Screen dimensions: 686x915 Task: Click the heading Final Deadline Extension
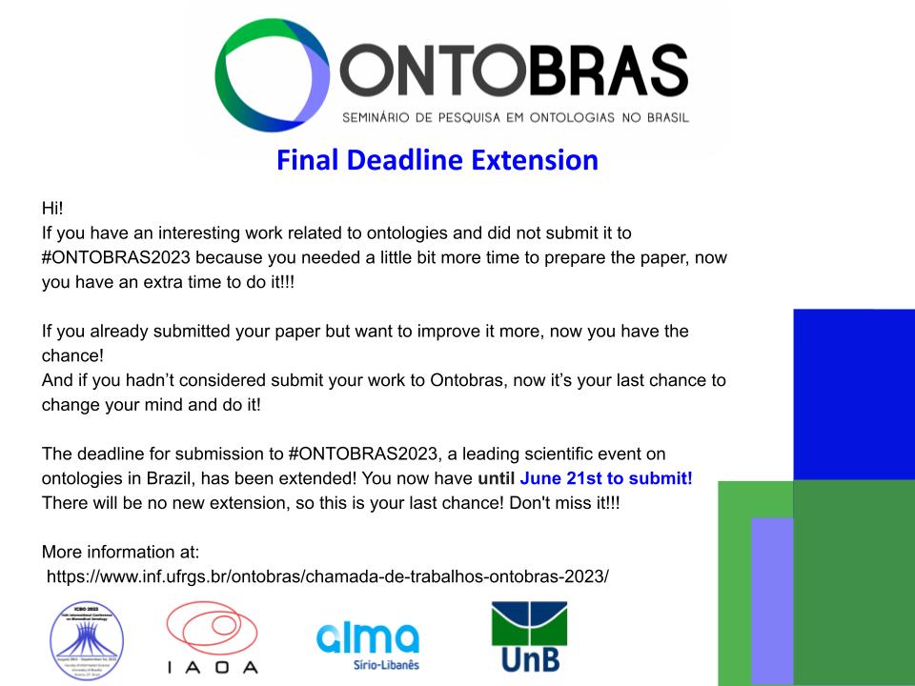[437, 159]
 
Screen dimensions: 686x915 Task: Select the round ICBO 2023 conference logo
[87, 636]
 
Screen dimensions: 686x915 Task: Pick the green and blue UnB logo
[529, 636]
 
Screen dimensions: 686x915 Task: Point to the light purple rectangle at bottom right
[771, 600]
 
